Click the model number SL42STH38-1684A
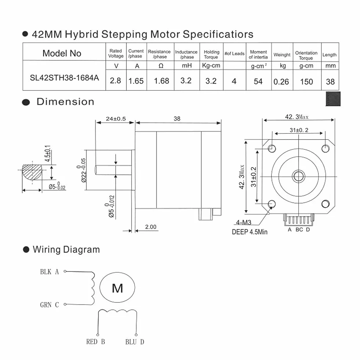(x=64, y=78)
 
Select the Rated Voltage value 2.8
(x=115, y=80)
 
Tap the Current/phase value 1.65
(x=136, y=81)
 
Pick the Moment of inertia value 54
(x=258, y=82)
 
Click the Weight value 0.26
(x=281, y=82)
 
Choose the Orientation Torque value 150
(x=306, y=82)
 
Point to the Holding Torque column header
(x=212, y=54)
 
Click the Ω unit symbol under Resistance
(x=161, y=66)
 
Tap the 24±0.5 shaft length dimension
(x=116, y=119)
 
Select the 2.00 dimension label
(x=151, y=227)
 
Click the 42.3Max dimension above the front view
(x=297, y=117)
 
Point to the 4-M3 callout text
(x=244, y=222)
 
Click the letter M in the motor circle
(x=117, y=288)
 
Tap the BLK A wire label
(x=49, y=272)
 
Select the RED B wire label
(x=96, y=342)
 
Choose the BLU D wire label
(x=135, y=342)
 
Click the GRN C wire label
(x=49, y=305)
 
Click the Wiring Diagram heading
(x=66, y=249)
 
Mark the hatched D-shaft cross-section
(x=32, y=172)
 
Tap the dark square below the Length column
(x=333, y=99)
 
